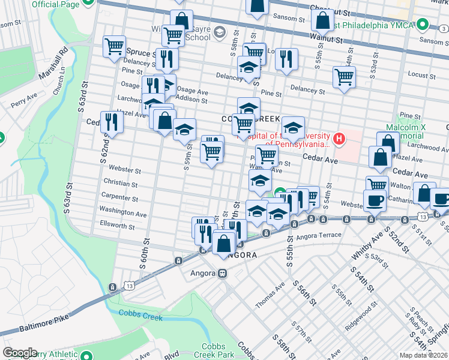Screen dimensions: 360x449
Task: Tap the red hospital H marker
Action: coord(340,140)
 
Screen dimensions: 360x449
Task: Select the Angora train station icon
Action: coord(222,274)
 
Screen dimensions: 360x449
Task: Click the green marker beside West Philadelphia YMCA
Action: coord(423,25)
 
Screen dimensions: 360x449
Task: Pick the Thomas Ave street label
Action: coord(270,296)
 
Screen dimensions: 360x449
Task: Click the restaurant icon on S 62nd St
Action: coord(111,122)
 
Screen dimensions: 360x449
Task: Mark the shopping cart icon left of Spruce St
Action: coord(114,46)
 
